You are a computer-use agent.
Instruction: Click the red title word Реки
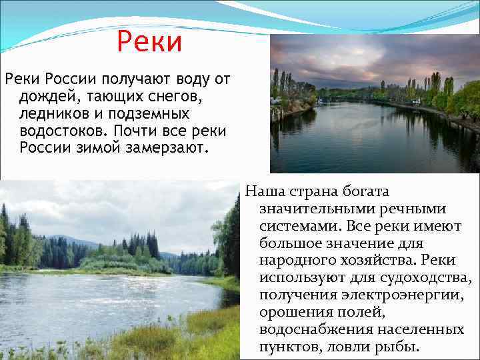point(149,42)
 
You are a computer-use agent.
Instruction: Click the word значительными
point(314,209)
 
